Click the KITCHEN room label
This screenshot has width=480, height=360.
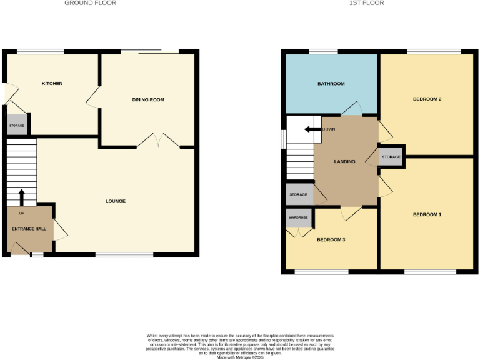click(x=52, y=84)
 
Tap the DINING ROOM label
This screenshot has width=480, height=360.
click(x=147, y=100)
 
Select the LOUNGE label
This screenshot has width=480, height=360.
click(x=116, y=201)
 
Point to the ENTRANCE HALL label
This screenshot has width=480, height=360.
click(x=29, y=229)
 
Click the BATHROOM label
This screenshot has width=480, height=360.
click(x=331, y=84)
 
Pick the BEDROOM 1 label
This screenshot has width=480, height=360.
click(x=427, y=215)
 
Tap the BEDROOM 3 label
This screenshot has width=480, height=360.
click(x=331, y=239)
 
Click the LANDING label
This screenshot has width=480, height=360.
click(x=344, y=162)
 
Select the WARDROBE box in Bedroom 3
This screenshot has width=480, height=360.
click(x=298, y=218)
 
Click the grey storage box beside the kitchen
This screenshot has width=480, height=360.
click(x=17, y=126)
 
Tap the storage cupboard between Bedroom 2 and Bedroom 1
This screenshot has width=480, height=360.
click(x=391, y=157)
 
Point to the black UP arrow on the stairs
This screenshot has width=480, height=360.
click(x=22, y=198)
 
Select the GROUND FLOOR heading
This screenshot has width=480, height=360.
click(x=91, y=3)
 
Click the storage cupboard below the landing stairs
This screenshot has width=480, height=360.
click(x=299, y=195)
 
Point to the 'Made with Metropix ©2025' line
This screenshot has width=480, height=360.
click(x=240, y=357)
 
